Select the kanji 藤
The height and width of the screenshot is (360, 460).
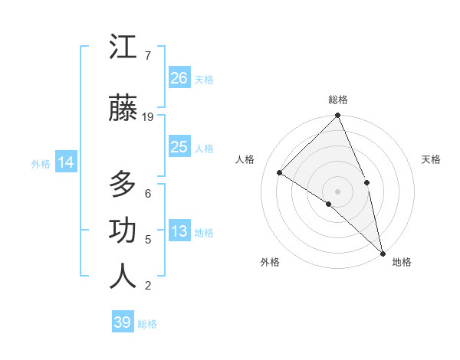click(123, 110)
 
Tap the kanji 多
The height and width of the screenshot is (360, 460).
click(123, 185)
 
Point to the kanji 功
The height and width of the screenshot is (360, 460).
click(123, 231)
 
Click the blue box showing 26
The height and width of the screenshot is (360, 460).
click(179, 78)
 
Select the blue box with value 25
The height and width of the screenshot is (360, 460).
click(179, 147)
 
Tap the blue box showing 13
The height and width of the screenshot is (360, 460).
click(179, 232)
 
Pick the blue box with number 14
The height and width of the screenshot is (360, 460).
click(66, 162)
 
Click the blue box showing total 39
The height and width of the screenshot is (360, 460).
click(123, 322)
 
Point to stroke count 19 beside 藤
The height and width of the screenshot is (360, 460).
click(149, 117)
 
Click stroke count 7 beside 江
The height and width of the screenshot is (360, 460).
click(147, 55)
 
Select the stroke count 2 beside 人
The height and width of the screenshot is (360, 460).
click(147, 286)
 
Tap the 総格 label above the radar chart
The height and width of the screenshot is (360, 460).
click(338, 100)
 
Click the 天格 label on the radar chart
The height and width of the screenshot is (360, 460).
click(431, 159)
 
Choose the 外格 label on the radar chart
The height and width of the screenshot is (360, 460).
click(270, 263)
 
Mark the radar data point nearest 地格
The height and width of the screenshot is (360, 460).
click(383, 253)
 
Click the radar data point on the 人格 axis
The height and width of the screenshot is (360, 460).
click(280, 172)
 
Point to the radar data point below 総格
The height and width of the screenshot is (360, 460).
click(338, 116)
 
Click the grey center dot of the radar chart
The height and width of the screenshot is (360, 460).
click(338, 191)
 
